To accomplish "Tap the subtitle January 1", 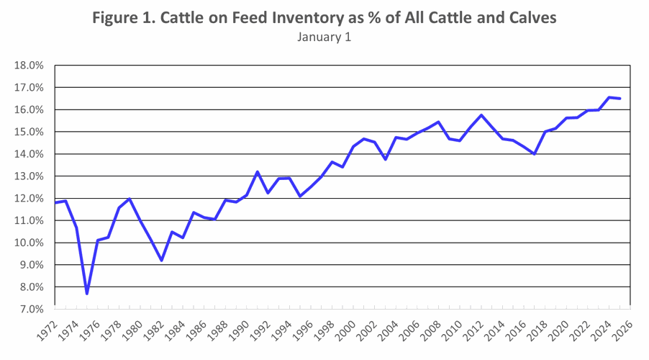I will tap(324, 37).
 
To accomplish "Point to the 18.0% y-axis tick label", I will tap(29, 66).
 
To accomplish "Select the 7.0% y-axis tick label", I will tap(29, 309).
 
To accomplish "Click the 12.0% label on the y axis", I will tap(29, 198).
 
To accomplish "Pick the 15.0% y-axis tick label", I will tap(29, 132).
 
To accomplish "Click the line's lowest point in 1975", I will tap(87, 293).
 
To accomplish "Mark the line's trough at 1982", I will tap(162, 260).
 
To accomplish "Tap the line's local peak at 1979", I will tap(130, 199).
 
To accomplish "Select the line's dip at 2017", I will tap(535, 154).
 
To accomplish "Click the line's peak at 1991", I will tap(258, 171).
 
